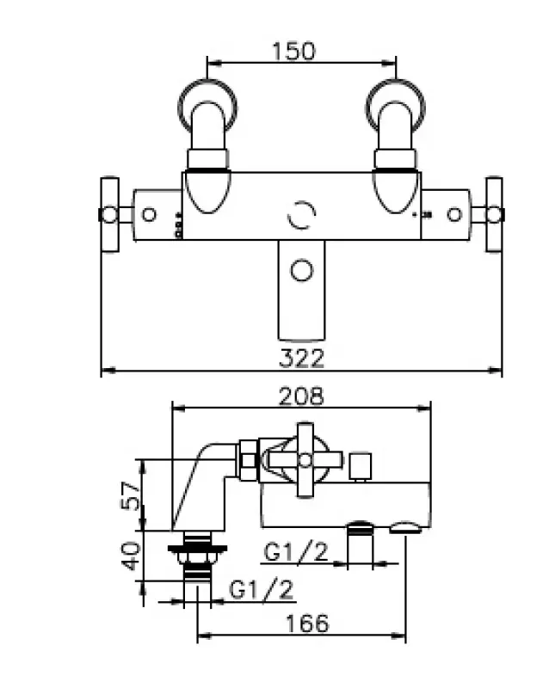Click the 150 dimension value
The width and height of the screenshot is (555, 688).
(x=293, y=51)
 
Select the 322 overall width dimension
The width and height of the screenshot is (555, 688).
(x=302, y=358)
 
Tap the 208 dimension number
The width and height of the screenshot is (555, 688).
(x=302, y=396)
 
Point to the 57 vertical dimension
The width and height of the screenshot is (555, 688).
(x=132, y=495)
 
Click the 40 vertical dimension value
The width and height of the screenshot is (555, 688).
(x=132, y=556)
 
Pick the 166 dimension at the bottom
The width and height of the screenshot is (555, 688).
(x=307, y=623)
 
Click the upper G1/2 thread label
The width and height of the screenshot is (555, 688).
(x=296, y=551)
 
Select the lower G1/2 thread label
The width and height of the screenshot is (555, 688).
(x=261, y=589)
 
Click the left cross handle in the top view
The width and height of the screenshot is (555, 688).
(x=109, y=214)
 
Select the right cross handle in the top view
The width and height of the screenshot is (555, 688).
(x=494, y=214)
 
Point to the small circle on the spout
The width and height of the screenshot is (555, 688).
(x=302, y=270)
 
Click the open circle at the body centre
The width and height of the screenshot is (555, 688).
(x=302, y=215)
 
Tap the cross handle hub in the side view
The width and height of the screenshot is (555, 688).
(x=305, y=460)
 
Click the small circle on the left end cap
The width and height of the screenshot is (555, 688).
(x=149, y=214)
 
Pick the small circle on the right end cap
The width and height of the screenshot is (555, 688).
(x=454, y=214)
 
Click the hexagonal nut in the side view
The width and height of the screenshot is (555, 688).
(x=248, y=460)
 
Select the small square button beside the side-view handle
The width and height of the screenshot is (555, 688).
(x=361, y=466)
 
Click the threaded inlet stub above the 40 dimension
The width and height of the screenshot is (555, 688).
(x=197, y=556)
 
